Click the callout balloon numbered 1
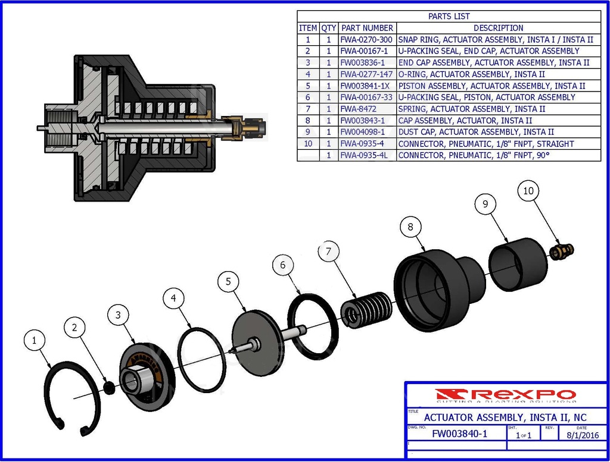(34, 341)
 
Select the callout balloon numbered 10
(529, 191)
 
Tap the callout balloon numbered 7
(328, 251)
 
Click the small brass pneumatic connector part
(561, 251)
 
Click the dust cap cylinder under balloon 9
(518, 264)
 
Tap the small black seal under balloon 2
(108, 387)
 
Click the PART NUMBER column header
(367, 28)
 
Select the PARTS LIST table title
(449, 17)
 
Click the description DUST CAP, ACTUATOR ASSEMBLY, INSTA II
(475, 132)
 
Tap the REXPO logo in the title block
(505, 395)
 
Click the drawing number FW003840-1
(459, 433)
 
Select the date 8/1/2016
(582, 435)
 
